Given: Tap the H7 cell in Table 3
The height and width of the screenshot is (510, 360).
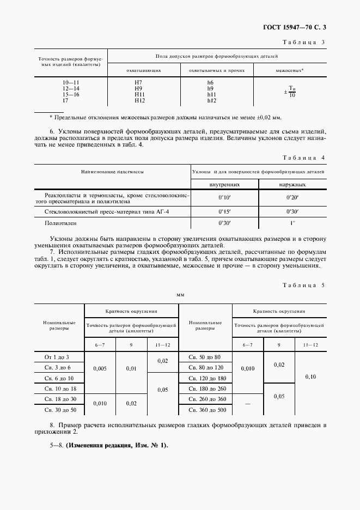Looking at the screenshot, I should coord(139,82).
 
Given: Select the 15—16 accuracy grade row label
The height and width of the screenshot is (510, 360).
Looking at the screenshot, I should coord(71,94).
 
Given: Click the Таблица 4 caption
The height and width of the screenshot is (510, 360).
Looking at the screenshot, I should coord(303,157).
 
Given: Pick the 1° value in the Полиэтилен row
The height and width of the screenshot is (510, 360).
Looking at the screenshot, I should coord(292,223).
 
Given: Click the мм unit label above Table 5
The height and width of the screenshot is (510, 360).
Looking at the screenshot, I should coord(180,294).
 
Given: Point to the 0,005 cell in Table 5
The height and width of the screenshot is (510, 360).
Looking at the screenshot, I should coord(100,368).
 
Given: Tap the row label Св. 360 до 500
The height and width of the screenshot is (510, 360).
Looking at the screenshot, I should coord(205,409).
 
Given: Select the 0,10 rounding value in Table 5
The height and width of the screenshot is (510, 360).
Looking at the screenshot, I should coord(310,377).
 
